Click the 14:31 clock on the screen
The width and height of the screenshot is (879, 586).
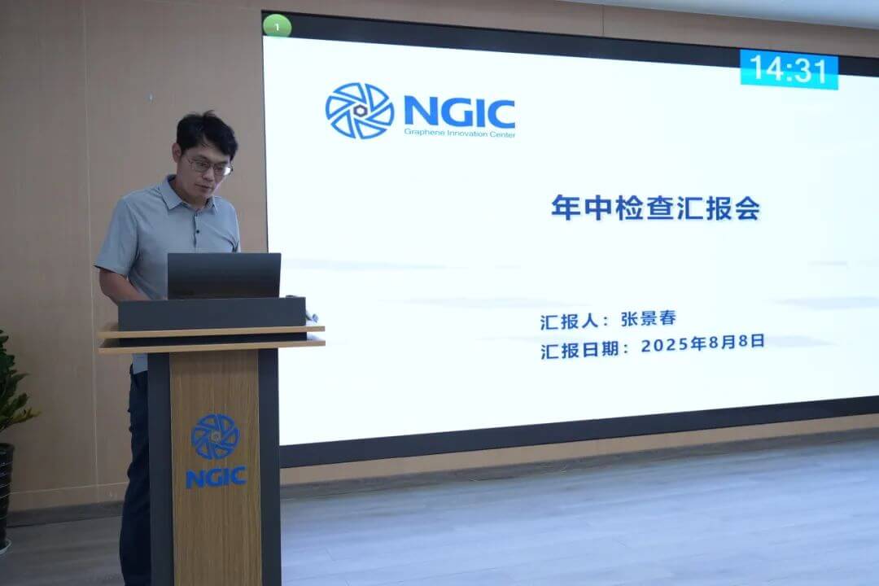click(x=789, y=68)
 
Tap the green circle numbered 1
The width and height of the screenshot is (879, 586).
click(x=278, y=26)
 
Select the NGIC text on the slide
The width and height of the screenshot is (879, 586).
click(x=459, y=112)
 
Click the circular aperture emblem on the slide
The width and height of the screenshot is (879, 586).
click(x=359, y=111)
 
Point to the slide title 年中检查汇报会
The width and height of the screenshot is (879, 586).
click(x=655, y=208)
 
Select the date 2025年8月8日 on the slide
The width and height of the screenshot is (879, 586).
click(x=702, y=343)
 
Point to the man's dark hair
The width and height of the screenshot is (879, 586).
click(x=207, y=130)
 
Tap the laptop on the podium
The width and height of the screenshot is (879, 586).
click(x=224, y=275)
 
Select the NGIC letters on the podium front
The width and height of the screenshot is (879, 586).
click(x=215, y=477)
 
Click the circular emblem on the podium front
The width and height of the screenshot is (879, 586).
click(x=215, y=436)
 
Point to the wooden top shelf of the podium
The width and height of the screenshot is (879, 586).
click(x=212, y=330)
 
